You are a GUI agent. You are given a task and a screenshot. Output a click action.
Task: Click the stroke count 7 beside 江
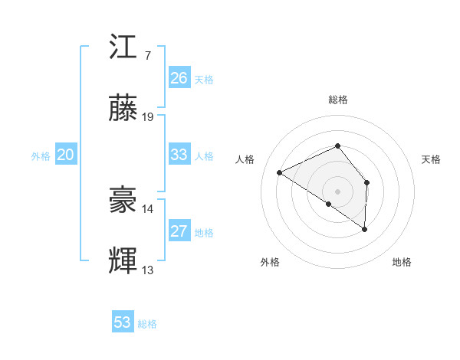click(147, 55)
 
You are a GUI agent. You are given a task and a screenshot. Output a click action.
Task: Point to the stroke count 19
click(148, 117)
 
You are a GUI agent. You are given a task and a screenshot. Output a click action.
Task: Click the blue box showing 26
click(179, 78)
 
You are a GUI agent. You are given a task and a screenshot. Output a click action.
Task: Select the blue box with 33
click(179, 155)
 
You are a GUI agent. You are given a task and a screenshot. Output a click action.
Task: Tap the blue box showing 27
click(179, 231)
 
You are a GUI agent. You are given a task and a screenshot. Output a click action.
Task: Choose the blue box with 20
click(66, 155)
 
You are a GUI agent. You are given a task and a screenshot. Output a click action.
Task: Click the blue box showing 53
click(123, 322)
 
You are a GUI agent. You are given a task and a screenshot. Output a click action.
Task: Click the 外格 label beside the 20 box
click(41, 156)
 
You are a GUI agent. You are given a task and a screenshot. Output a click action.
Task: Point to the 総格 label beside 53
click(147, 324)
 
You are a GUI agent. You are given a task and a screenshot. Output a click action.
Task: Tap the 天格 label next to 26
click(204, 80)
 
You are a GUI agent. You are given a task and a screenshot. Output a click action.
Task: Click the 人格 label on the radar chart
click(245, 159)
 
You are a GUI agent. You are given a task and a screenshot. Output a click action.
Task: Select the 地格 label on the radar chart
click(402, 262)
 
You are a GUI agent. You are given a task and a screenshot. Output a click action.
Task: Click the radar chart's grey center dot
click(337, 190)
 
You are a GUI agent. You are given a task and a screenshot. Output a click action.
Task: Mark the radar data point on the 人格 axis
click(280, 172)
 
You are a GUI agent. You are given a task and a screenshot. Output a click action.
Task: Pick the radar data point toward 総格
click(337, 146)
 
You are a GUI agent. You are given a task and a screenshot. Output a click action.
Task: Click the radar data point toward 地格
click(365, 229)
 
